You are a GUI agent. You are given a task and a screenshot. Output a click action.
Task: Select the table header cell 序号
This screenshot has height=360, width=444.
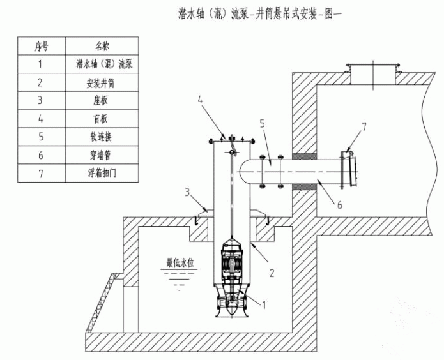click(40, 46)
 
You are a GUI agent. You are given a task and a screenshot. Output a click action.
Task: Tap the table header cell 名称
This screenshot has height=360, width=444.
click(102, 46)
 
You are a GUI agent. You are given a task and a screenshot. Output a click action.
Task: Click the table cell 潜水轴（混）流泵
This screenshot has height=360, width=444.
click(102, 64)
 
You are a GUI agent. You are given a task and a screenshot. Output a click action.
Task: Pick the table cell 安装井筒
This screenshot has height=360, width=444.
click(102, 82)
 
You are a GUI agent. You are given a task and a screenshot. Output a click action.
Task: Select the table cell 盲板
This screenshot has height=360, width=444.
click(102, 119)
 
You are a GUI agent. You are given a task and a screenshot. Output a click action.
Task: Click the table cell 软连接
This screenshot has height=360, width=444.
click(102, 137)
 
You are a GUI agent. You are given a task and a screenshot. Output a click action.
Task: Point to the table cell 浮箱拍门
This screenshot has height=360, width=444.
click(102, 173)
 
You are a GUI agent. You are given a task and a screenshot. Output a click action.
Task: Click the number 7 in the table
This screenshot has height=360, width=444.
click(40, 173)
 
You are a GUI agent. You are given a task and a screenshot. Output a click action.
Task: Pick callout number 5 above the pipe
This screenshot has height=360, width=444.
click(261, 122)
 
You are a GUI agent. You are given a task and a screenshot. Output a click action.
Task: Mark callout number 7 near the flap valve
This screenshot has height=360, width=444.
click(364, 127)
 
